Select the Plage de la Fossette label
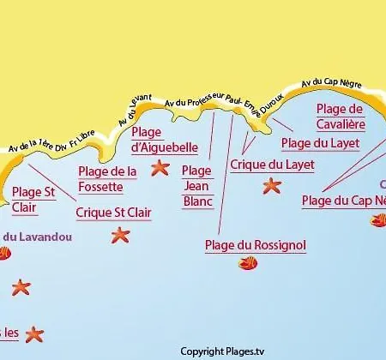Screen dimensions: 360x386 (107, 177)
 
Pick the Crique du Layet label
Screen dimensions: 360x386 (273, 165)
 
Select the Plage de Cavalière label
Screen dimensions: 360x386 (341, 116)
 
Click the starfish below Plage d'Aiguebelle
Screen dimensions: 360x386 (160, 168)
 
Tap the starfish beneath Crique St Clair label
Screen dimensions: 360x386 (119, 234)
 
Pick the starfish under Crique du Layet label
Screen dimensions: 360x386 (272, 184)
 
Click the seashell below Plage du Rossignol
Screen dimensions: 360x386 (248, 264)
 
